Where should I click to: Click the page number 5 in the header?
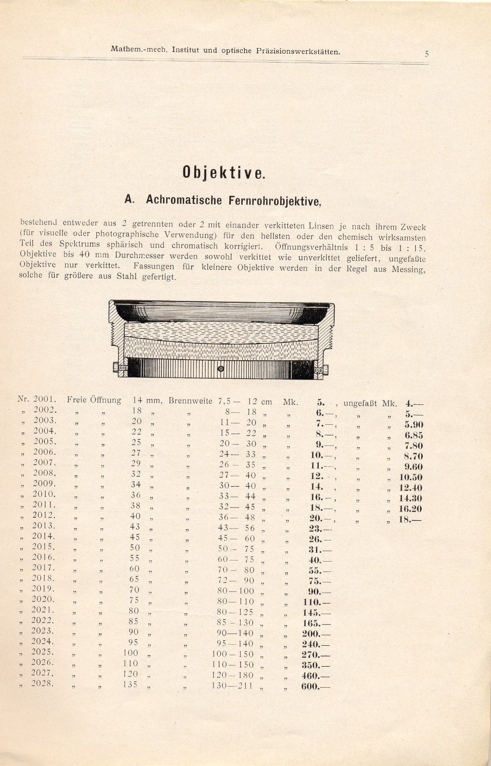pyautogui.click(x=426, y=54)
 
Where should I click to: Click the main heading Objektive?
pyautogui.click(x=224, y=172)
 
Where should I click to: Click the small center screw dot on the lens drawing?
pyautogui.click(x=221, y=369)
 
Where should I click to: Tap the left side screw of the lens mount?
pyautogui.click(x=117, y=369)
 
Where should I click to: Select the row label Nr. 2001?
pyautogui.click(x=37, y=399)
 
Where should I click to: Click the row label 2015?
pyautogui.click(x=43, y=546)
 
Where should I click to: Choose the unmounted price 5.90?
pyautogui.click(x=414, y=424)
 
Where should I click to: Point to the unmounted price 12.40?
pyautogui.click(x=410, y=488)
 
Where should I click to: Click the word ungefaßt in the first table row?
pyautogui.click(x=360, y=403)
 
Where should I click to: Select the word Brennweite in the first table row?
pyautogui.click(x=191, y=401)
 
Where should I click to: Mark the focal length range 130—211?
pyautogui.click(x=232, y=686)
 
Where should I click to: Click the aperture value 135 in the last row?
pyautogui.click(x=130, y=684)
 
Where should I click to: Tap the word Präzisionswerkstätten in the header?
pyautogui.click(x=298, y=52)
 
